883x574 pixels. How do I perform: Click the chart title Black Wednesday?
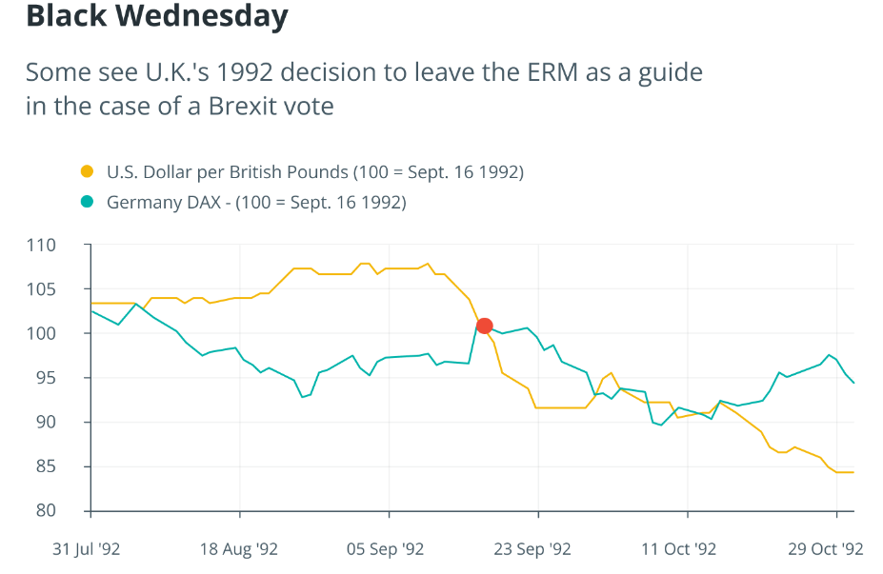click(x=156, y=16)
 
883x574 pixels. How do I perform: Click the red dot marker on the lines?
click(x=484, y=326)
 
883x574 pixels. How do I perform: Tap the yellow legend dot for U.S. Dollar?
click(x=88, y=172)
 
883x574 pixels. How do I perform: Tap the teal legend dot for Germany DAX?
click(x=88, y=202)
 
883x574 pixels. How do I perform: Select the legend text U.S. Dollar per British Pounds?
click(x=315, y=172)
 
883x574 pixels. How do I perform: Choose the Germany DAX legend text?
click(x=256, y=202)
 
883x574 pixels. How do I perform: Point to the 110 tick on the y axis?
click(x=67, y=246)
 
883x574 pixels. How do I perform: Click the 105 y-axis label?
click(x=67, y=289)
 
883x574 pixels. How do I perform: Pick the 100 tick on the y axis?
click(x=67, y=334)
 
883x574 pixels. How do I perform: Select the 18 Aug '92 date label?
click(x=239, y=549)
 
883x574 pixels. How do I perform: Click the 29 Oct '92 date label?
click(x=826, y=549)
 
